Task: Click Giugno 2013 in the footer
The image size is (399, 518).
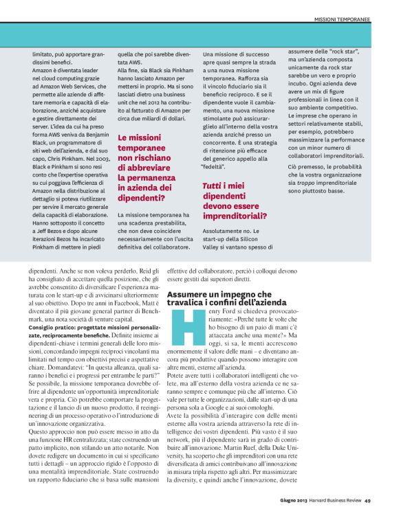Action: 292,500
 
